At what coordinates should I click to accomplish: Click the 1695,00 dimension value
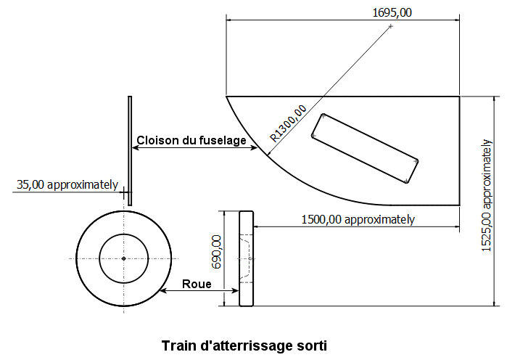pyautogui.click(x=392, y=12)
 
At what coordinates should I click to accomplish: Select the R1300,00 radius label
pyautogui.click(x=289, y=123)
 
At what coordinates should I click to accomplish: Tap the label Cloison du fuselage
pyautogui.click(x=191, y=140)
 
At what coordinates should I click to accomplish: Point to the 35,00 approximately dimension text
pyautogui.click(x=67, y=184)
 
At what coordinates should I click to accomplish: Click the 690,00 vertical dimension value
pyautogui.click(x=216, y=252)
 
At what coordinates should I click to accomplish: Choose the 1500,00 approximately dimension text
pyautogui.click(x=358, y=220)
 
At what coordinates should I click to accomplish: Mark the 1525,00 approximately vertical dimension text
pyautogui.click(x=486, y=195)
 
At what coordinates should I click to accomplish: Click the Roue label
pyautogui.click(x=197, y=284)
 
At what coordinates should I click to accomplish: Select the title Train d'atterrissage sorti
pyautogui.click(x=244, y=345)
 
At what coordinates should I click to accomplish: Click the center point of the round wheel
pyautogui.click(x=124, y=258)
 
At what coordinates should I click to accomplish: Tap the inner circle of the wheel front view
pyautogui.click(x=124, y=234)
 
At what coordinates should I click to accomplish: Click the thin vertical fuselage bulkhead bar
pyautogui.click(x=130, y=151)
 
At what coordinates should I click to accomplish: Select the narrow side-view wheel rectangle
pyautogui.click(x=247, y=258)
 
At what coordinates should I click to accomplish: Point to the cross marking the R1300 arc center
pyautogui.click(x=391, y=26)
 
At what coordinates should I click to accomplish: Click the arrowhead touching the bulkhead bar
pyautogui.click(x=136, y=148)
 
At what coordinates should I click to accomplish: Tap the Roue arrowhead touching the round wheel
pyautogui.click(x=164, y=290)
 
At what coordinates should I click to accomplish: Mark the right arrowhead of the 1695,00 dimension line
pyautogui.click(x=456, y=20)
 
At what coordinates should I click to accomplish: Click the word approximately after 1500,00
pyautogui.click(x=379, y=220)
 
